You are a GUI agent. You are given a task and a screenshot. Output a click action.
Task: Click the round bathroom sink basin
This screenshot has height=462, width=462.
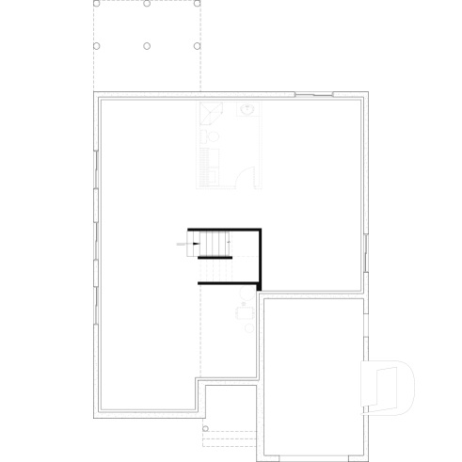click(x=248, y=110)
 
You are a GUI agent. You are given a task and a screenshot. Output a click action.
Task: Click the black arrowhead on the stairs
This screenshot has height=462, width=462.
click(x=195, y=245)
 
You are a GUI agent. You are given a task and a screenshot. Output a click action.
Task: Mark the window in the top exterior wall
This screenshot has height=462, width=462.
click(x=312, y=94)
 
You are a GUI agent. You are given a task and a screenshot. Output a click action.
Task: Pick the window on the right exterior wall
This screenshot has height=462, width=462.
click(x=366, y=252)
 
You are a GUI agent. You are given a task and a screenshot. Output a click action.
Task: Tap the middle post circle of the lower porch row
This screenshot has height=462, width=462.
click(x=147, y=45)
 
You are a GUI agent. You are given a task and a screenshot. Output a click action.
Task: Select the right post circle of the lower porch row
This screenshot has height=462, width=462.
click(x=197, y=45)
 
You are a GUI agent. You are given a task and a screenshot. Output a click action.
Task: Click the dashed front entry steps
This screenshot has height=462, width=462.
click(x=231, y=434)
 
